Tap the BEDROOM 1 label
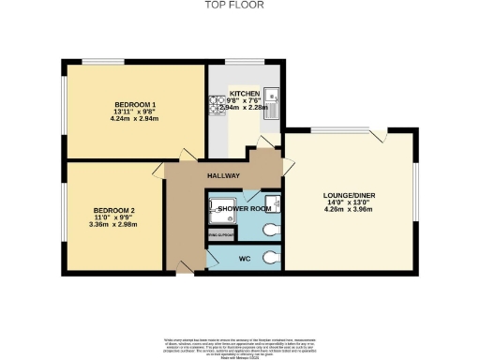[x=135, y=104]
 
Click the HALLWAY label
[x=224, y=176]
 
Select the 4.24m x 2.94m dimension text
[x=135, y=120]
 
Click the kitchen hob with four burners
[x=213, y=105]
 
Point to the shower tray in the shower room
[x=221, y=211]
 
